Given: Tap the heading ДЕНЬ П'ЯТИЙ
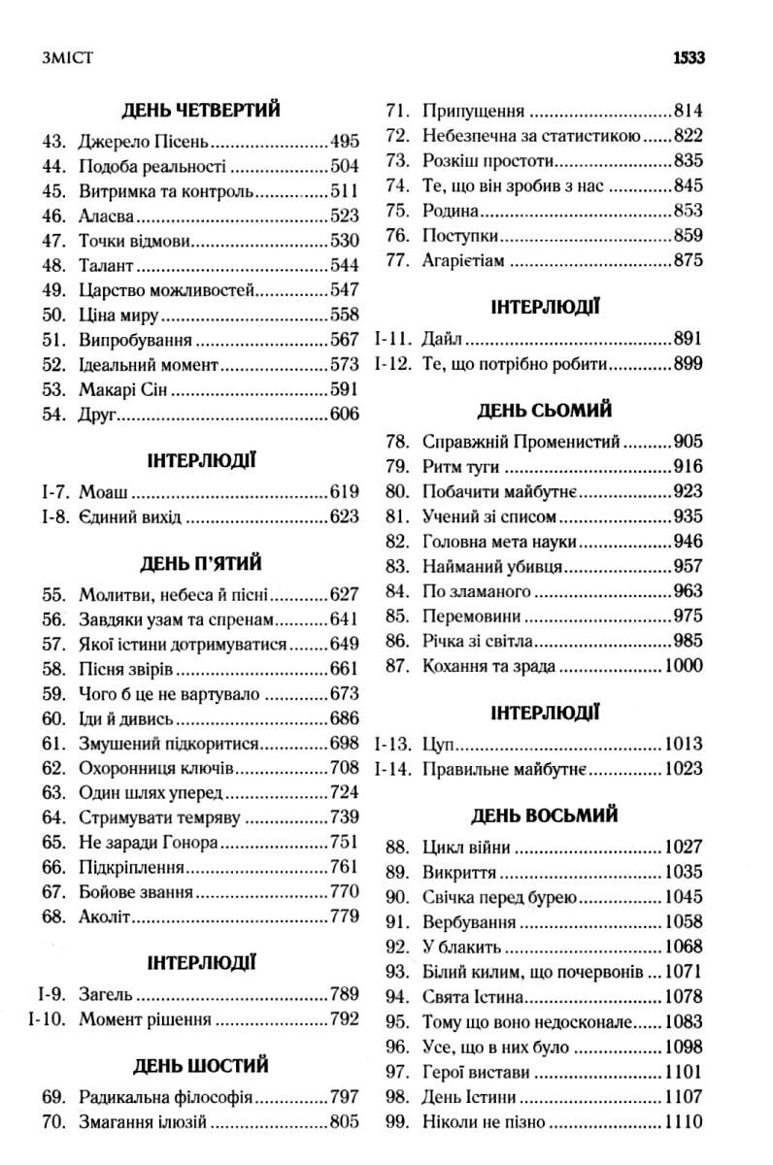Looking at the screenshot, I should pos(202,563).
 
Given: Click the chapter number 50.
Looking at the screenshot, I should pos(54,316).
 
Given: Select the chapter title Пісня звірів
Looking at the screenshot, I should pos(121,669).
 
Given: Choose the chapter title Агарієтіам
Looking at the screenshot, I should pos(464,260).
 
